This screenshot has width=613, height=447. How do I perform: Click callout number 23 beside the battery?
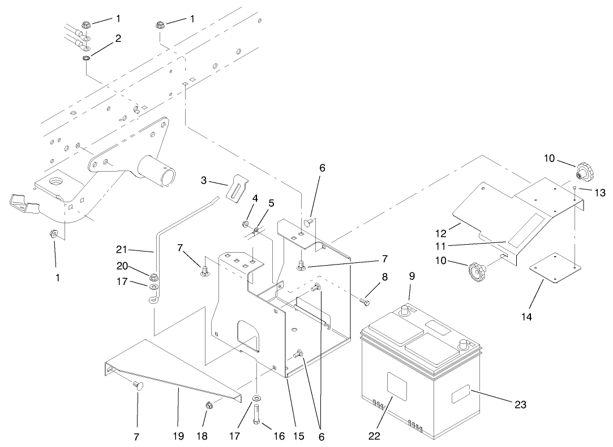[520, 404]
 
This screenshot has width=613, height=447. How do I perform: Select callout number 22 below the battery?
[374, 436]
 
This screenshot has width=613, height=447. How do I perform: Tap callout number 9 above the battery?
[411, 276]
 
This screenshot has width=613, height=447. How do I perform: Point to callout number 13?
[599, 193]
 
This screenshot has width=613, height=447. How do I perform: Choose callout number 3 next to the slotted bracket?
[204, 180]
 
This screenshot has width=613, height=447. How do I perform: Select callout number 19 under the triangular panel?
[178, 436]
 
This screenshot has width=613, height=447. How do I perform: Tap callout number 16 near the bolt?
[278, 436]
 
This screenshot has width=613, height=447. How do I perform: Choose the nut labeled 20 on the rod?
[153, 276]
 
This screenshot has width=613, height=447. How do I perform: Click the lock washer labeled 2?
[86, 58]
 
